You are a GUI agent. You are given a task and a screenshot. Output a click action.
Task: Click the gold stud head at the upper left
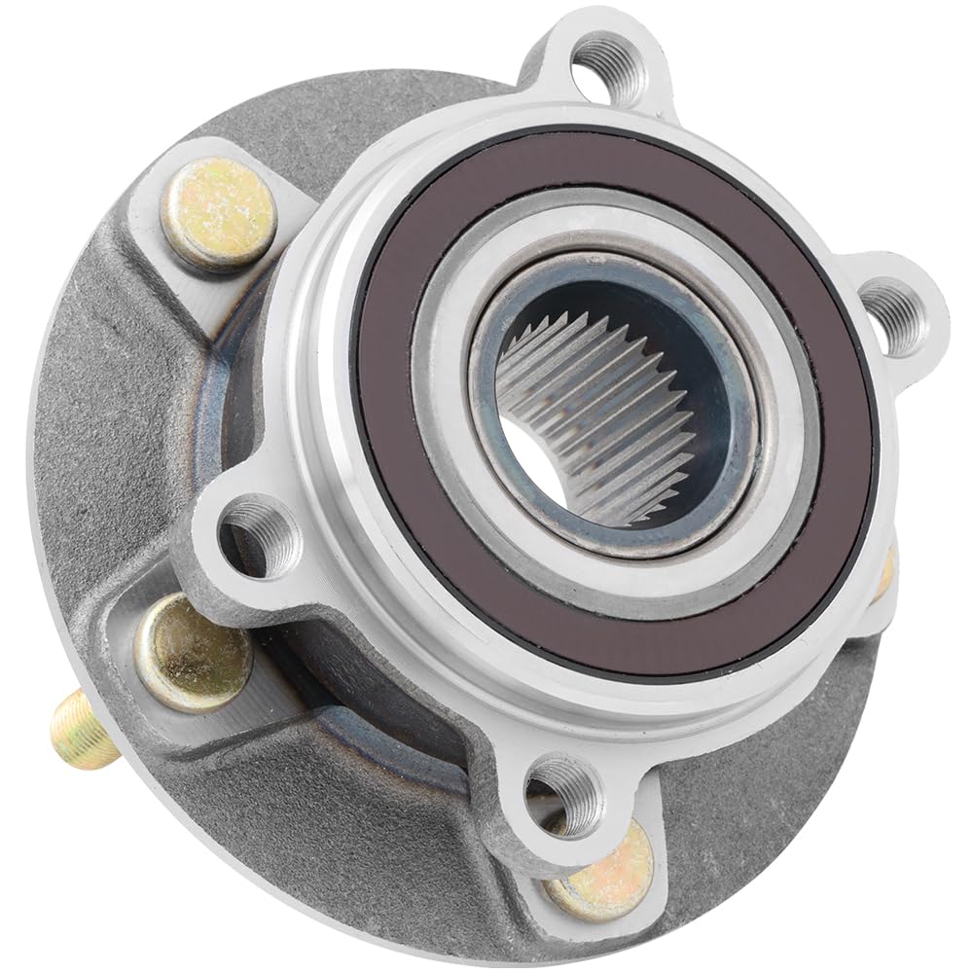pyautogui.click(x=218, y=213)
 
